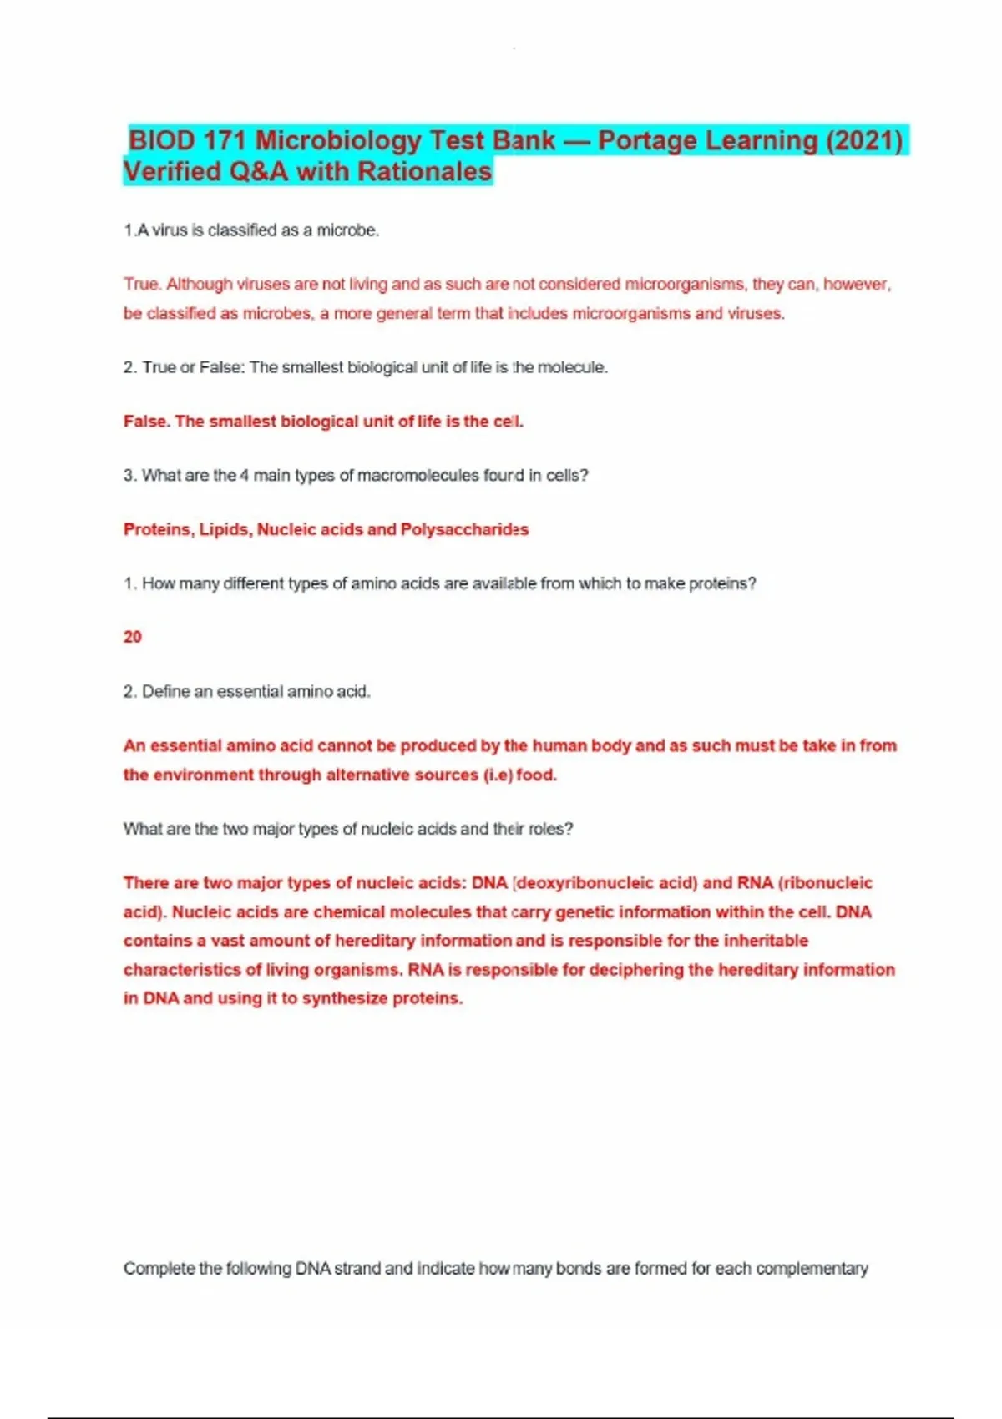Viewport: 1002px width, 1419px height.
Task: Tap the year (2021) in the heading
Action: point(863,141)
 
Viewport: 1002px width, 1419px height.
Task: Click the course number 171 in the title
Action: point(225,141)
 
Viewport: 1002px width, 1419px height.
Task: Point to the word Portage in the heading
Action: point(648,141)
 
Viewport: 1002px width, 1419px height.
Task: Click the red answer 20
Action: point(133,637)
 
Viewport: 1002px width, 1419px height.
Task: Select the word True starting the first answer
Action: point(140,285)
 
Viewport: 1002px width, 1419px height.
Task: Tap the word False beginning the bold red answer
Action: point(146,422)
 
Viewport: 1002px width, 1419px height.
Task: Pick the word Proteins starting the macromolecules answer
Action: point(158,529)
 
